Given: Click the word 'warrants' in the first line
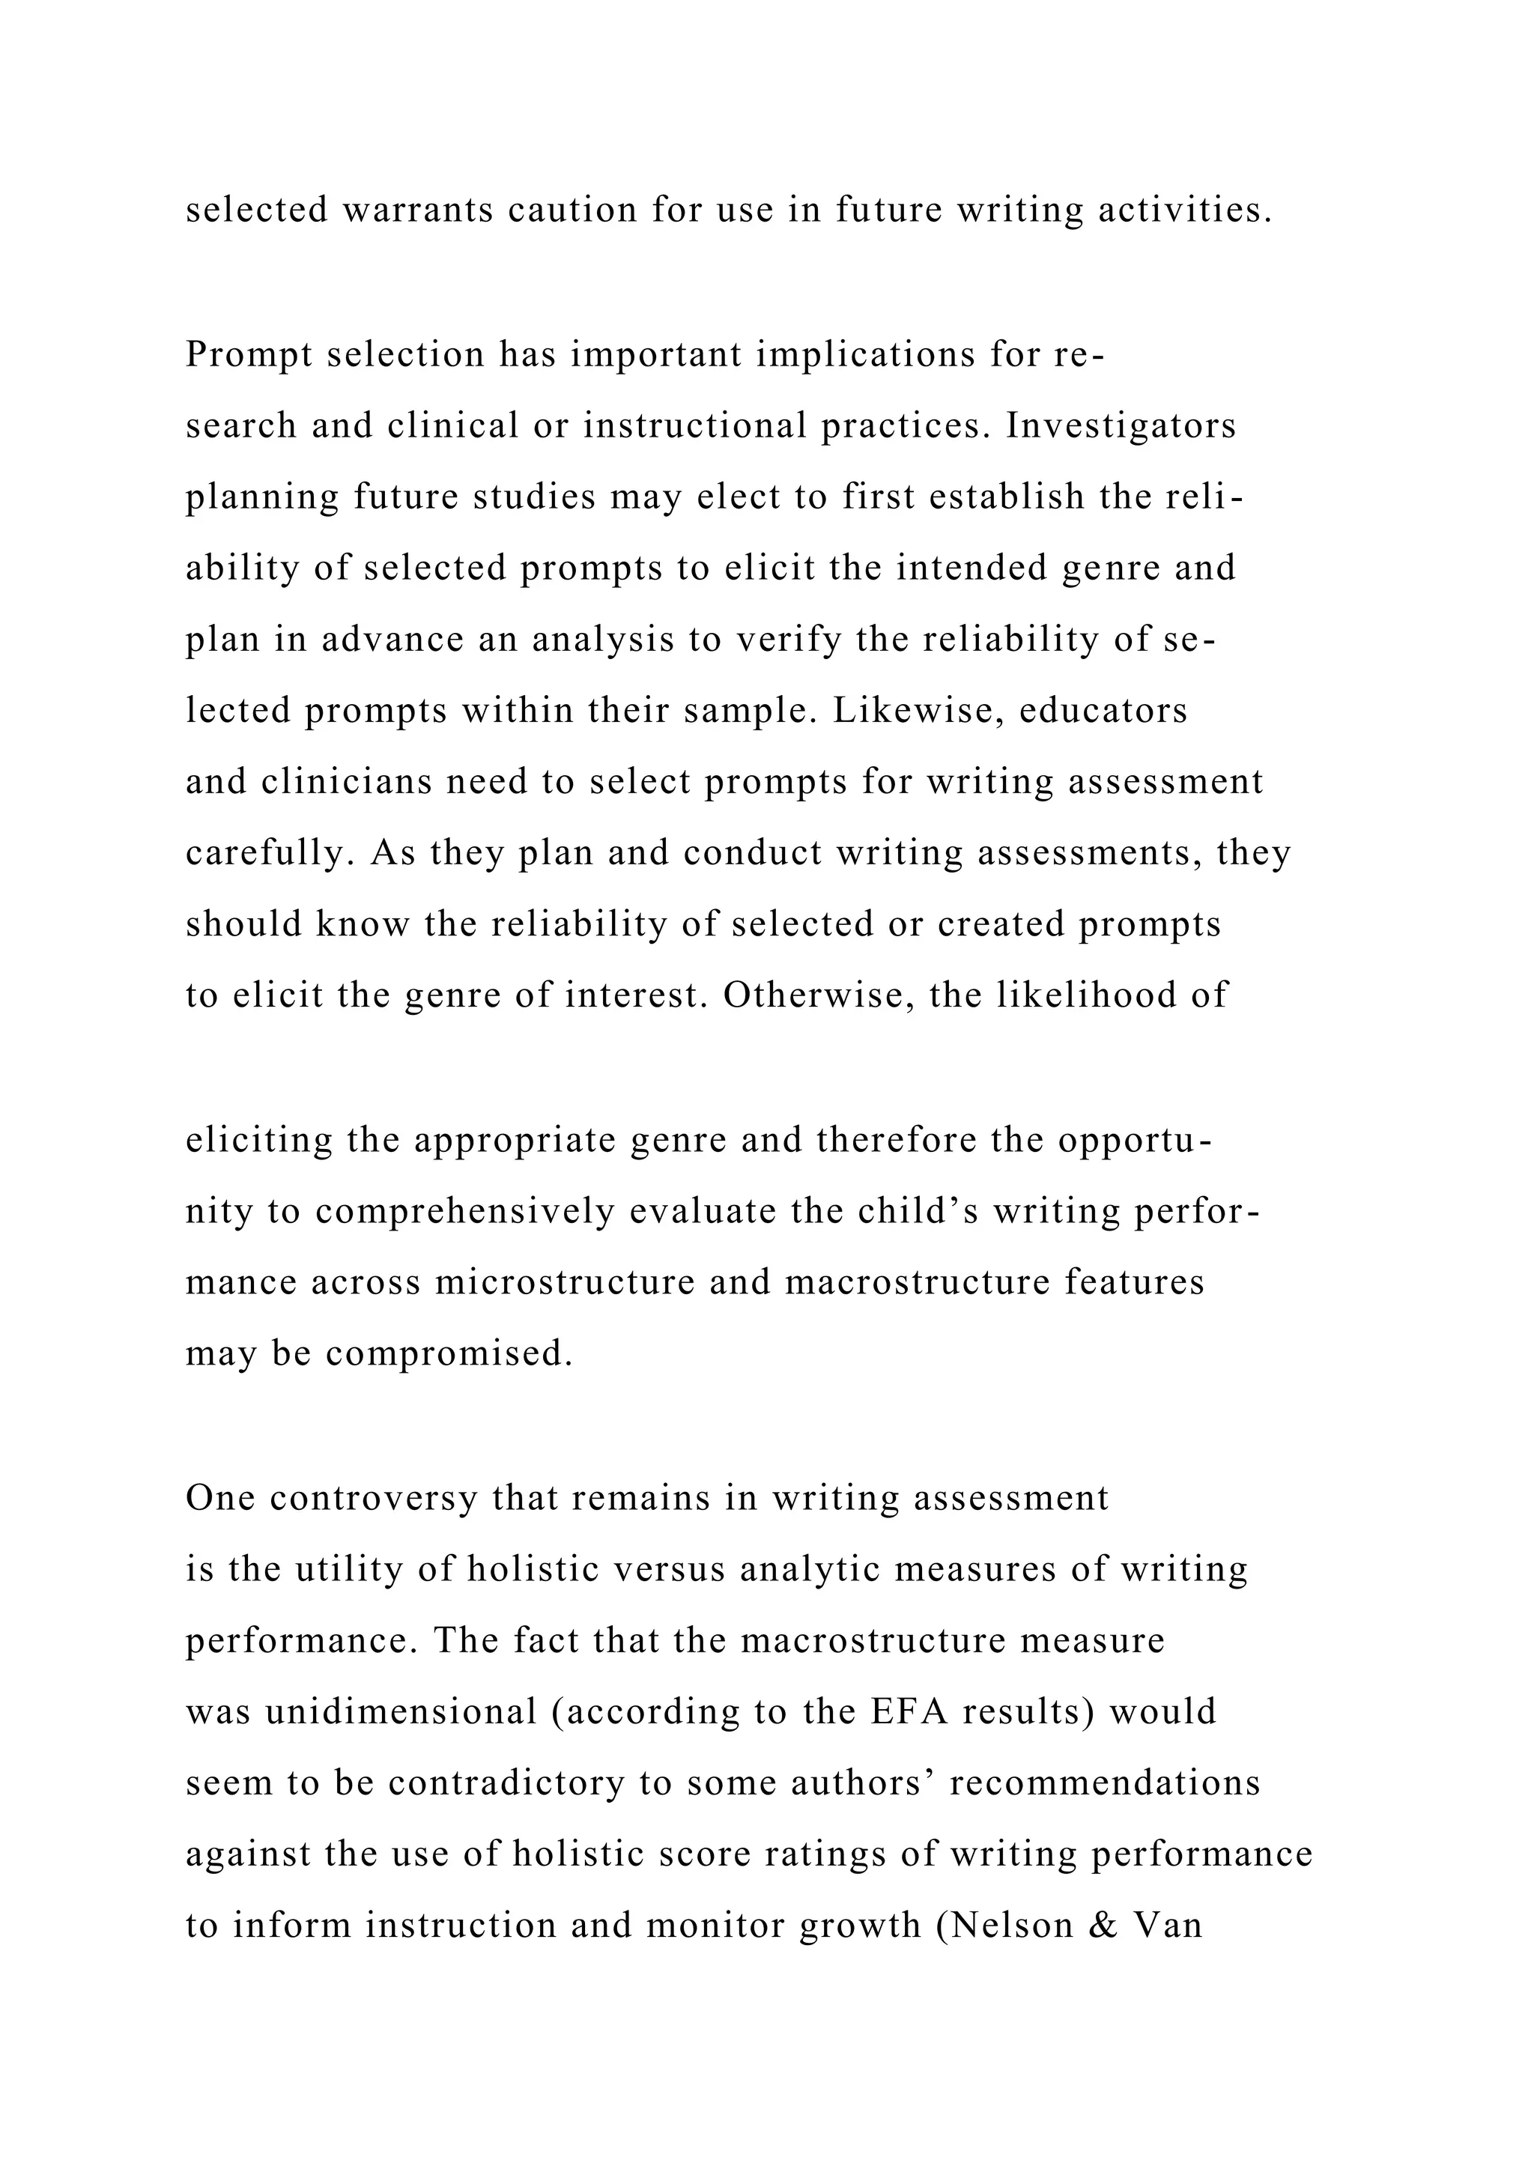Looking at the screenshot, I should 417,210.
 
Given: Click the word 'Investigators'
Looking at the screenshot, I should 1121,426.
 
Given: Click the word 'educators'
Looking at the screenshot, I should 1103,711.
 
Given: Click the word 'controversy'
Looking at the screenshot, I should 374,1498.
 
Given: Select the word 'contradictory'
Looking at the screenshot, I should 506,1783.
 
